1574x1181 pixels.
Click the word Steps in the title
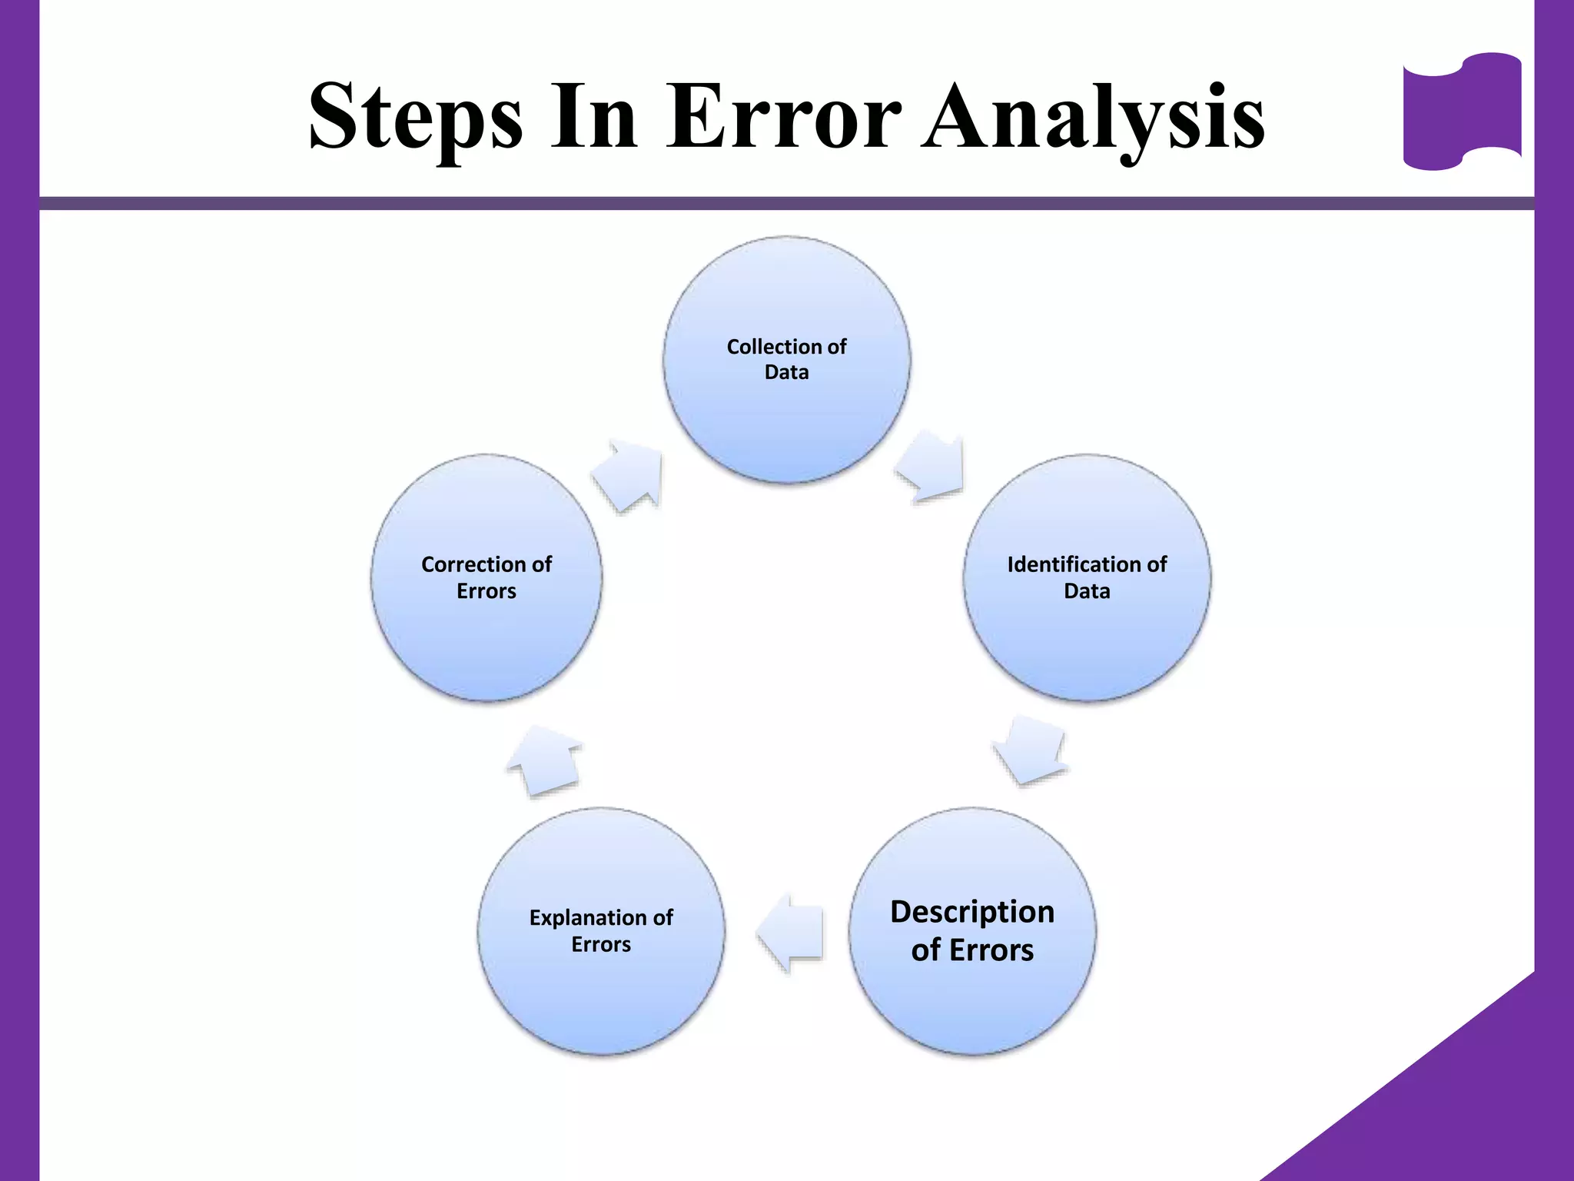415,117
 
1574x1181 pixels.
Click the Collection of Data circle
787,415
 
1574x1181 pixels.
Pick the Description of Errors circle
972,1000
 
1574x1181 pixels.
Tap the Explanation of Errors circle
601,992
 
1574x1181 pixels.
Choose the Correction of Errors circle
486,638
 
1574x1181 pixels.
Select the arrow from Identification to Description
1030,750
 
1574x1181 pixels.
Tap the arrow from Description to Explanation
792,932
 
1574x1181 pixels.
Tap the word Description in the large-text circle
972,912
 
